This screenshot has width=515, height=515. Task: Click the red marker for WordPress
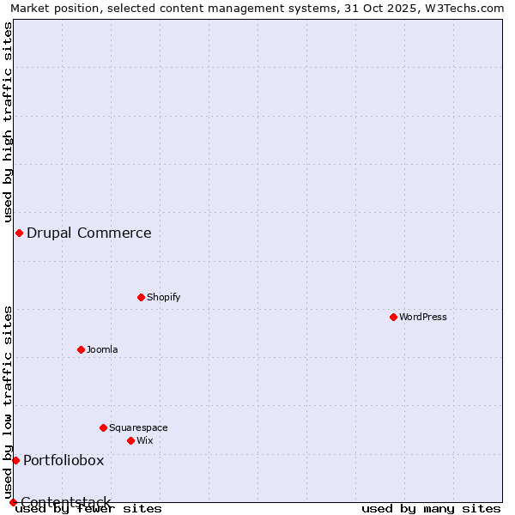(x=393, y=317)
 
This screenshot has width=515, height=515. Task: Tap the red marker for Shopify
(x=141, y=297)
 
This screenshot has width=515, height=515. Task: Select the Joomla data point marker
(x=81, y=349)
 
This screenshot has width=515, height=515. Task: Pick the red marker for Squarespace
(x=103, y=427)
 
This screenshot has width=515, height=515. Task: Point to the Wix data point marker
(x=130, y=440)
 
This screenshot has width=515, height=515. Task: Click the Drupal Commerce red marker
(x=19, y=233)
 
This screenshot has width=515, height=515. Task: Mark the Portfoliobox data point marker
(x=15, y=460)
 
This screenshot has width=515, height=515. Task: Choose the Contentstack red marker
(x=13, y=502)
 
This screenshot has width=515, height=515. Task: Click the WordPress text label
(x=423, y=317)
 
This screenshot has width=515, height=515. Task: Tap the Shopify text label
(x=163, y=297)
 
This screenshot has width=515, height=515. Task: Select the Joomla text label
(x=102, y=349)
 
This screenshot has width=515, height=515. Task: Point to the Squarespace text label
(x=138, y=427)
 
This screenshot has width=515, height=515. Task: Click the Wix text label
(x=145, y=440)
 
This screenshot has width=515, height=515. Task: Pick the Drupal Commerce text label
(x=89, y=233)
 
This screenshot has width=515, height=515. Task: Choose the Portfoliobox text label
(x=64, y=460)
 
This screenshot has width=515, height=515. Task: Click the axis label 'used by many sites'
(x=431, y=509)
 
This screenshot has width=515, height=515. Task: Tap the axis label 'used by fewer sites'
(x=89, y=509)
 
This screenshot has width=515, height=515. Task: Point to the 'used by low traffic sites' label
(x=8, y=402)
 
